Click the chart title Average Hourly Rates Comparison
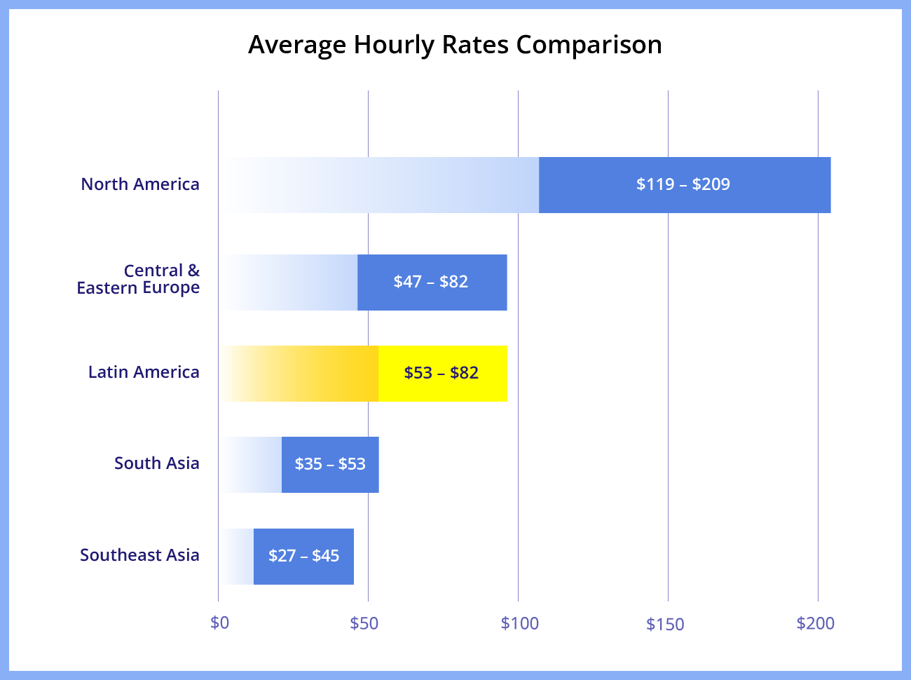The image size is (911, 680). [455, 45]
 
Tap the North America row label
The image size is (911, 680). [140, 184]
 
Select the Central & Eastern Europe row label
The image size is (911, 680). [138, 279]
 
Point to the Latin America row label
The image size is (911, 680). [144, 372]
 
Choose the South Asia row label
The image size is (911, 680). [157, 463]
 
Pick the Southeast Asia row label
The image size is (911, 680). [139, 555]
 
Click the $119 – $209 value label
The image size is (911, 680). [683, 184]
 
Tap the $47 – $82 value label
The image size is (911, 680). [431, 282]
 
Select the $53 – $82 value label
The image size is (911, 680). [441, 373]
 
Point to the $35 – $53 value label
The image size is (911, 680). [330, 464]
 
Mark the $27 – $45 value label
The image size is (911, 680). [304, 556]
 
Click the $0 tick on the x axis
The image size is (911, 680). [219, 623]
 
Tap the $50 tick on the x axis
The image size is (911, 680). [364, 623]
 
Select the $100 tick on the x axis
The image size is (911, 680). [519, 623]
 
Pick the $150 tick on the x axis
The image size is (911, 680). [665, 624]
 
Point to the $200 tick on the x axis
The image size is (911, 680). [816, 623]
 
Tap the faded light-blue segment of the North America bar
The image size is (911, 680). [420, 185]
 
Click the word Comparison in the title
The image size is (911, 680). [589, 45]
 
